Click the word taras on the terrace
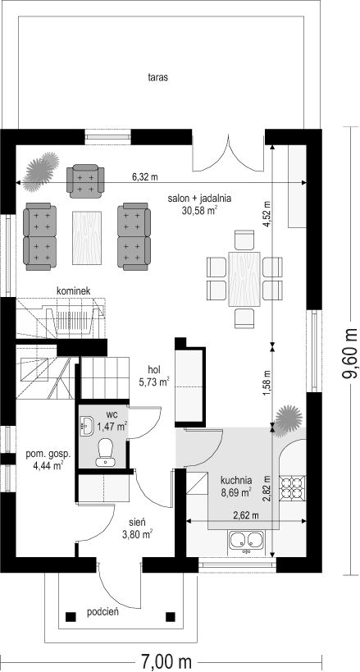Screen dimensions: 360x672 click(157, 78)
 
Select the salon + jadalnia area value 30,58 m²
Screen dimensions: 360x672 click(199, 210)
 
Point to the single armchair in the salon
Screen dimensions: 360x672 click(85, 181)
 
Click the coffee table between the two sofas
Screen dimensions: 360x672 click(89, 237)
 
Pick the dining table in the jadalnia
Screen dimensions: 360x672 click(244, 279)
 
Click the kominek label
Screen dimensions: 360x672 click(73, 290)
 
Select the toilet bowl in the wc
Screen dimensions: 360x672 click(106, 453)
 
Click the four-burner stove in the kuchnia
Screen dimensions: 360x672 click(293, 488)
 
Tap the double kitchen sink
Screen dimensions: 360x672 click(247, 541)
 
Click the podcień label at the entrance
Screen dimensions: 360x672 click(103, 612)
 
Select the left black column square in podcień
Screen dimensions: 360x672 click(71, 617)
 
